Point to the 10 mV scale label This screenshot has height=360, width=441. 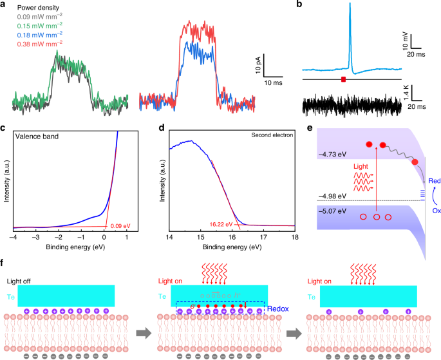click(x=405, y=42)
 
